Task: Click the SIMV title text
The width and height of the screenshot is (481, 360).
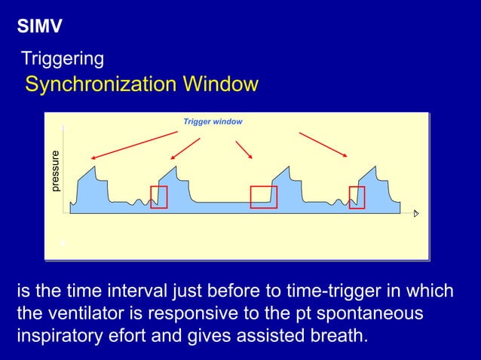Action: [39, 28]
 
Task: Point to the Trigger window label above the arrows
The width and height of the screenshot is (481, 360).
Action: [213, 121]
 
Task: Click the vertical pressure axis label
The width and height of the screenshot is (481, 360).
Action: [54, 171]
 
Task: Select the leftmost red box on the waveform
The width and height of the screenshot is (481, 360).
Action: [158, 197]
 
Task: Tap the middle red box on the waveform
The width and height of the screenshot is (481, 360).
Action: [263, 197]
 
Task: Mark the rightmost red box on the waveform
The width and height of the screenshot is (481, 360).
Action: [357, 197]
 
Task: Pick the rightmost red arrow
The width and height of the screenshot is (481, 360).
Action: [323, 145]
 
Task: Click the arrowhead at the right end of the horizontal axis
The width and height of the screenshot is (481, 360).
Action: [415, 213]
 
